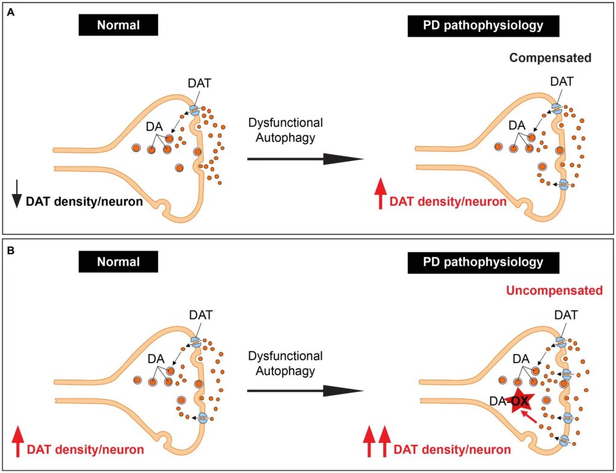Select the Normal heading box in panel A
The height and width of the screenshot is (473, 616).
coord(118,25)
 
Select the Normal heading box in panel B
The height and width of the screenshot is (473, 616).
coord(118,262)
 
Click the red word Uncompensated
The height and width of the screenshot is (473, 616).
coord(554,291)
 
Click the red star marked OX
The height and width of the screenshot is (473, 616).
coord(516,401)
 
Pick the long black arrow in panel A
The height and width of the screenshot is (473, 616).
coord(306,159)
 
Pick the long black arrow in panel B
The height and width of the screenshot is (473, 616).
coord(306,391)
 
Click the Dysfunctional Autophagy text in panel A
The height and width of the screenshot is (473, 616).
coord(286,129)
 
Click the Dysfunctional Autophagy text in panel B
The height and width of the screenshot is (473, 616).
coord(286,363)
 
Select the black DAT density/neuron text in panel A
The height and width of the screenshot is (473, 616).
coord(84,202)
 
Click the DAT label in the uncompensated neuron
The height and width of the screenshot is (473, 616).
coord(566,314)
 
